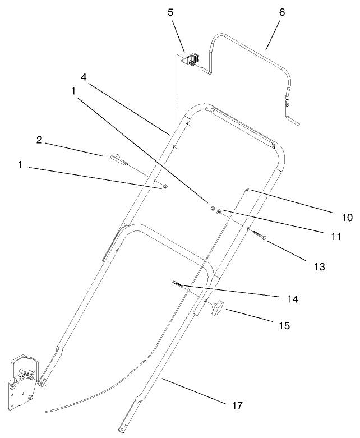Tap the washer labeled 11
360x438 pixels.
(x=220, y=211)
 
